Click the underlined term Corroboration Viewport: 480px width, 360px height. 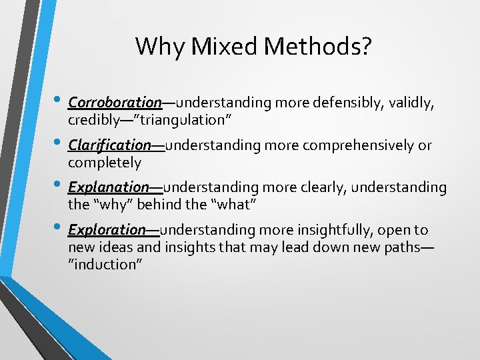coord(115,103)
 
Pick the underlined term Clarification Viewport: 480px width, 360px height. coord(110,145)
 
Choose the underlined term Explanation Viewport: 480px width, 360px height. coord(109,187)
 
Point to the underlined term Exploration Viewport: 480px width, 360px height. coord(107,230)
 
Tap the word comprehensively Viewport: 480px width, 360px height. coord(352,145)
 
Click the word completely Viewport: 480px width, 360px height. coord(105,163)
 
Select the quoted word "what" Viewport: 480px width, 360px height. coord(235,205)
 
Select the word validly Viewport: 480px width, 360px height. coord(413,103)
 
